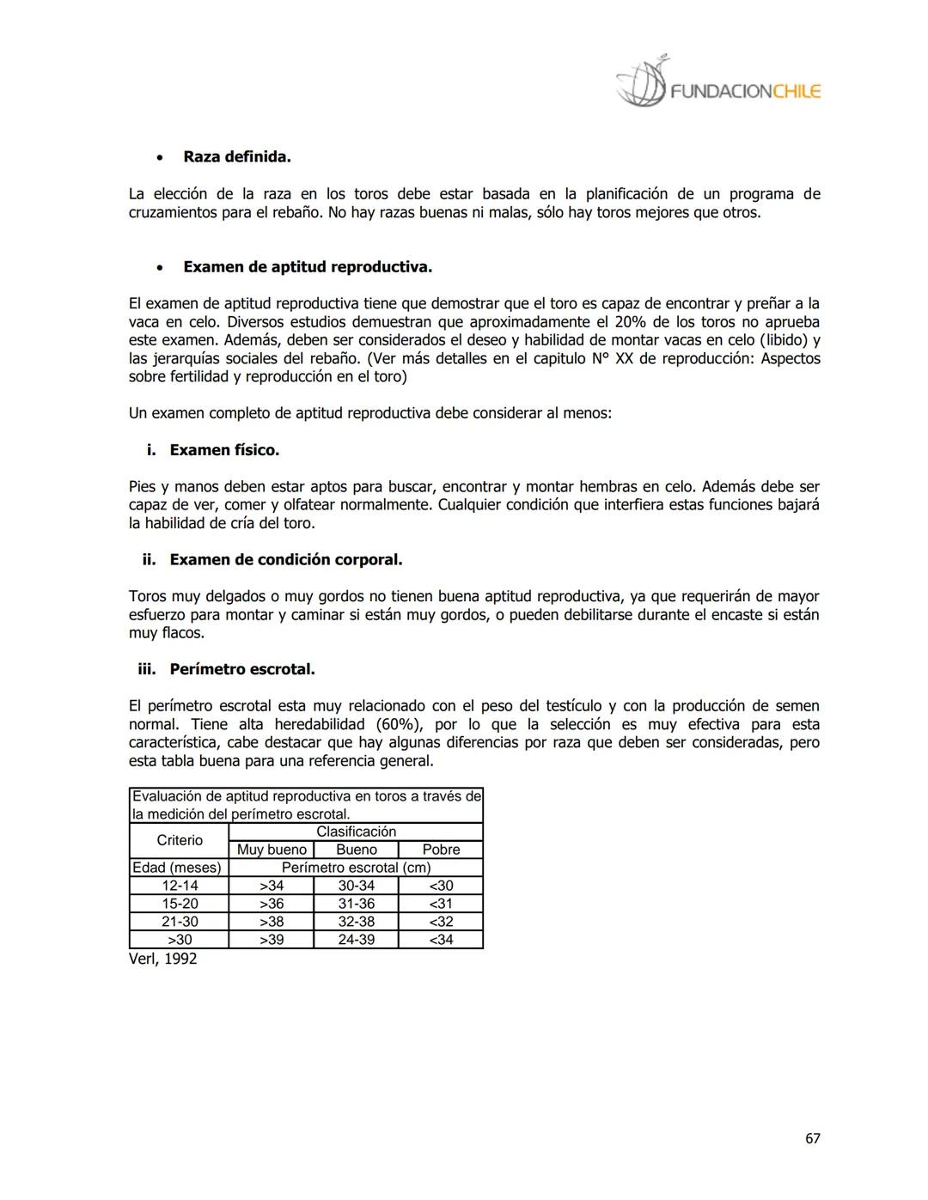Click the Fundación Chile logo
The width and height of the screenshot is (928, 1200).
coord(718,84)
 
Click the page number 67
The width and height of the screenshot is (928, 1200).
coord(812,1138)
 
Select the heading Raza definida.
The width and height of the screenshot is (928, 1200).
coord(236,157)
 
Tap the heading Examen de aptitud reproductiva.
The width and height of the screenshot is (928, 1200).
coord(307,267)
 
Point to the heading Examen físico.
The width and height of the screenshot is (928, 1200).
coord(223,450)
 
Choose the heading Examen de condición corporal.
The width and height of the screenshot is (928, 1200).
coord(285,560)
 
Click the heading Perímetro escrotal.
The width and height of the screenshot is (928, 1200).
coord(241,669)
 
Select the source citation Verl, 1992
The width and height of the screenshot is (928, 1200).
coord(163,959)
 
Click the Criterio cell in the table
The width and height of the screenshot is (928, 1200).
coord(180,840)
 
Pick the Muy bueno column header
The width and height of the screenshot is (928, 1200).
coord(272,850)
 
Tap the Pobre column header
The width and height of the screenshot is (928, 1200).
coord(441,850)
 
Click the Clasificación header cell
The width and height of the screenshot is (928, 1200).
coord(356,831)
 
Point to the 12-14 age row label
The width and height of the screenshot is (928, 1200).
coord(180,886)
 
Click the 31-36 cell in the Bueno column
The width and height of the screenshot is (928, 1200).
coord(356,904)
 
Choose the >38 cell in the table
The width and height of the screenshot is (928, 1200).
coord(272,922)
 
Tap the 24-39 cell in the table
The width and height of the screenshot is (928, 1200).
coord(356,940)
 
